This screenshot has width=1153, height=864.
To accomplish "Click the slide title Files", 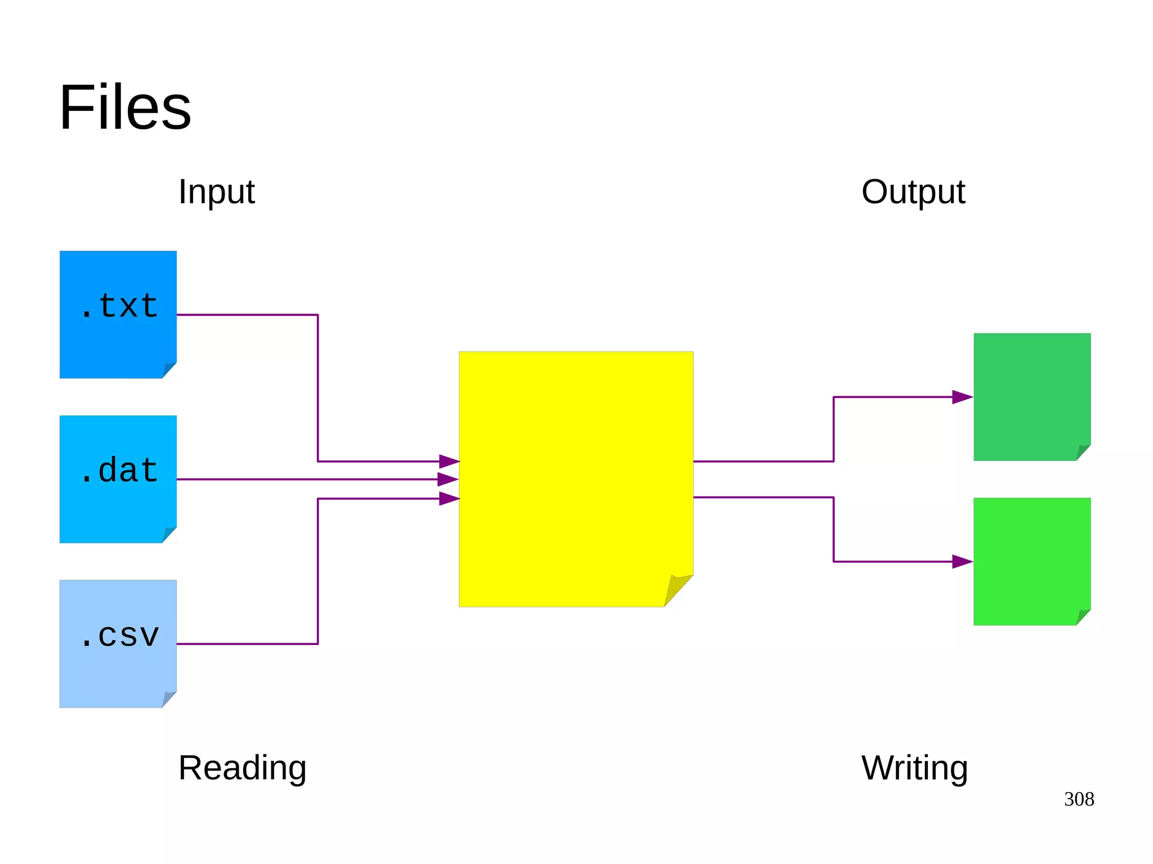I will [x=125, y=107].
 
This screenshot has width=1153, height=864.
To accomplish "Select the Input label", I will [x=216, y=192].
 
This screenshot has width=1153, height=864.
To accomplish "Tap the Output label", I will [x=913, y=192].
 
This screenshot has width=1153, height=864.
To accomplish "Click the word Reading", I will [x=242, y=768].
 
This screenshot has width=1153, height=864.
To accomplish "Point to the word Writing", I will [x=914, y=768].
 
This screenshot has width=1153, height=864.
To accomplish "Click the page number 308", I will [x=1079, y=799].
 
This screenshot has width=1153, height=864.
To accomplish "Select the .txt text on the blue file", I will [x=119, y=306].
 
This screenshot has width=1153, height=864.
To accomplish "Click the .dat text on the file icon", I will [x=119, y=471].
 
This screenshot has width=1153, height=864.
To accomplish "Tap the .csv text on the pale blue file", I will [x=119, y=635].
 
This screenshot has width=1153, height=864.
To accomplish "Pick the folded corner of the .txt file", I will [x=168, y=370].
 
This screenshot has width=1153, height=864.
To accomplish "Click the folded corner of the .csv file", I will [x=168, y=699].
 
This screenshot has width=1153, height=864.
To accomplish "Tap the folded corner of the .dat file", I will [x=168, y=534].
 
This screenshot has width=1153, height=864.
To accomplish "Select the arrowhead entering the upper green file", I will [x=962, y=397].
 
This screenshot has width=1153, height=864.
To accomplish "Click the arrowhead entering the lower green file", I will [x=962, y=562].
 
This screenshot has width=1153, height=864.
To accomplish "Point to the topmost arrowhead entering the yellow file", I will [x=449, y=462].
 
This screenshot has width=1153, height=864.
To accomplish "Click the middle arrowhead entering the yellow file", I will [x=448, y=480].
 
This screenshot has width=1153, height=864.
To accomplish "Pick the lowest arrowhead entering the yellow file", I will [x=449, y=498].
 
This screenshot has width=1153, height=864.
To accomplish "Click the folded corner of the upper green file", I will [x=1082, y=452].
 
